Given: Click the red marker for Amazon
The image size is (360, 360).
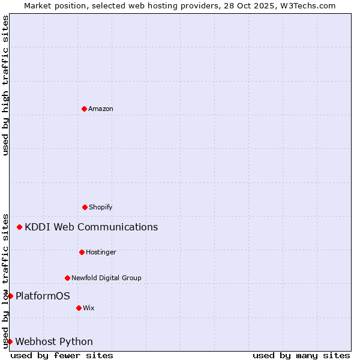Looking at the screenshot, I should click(84, 109).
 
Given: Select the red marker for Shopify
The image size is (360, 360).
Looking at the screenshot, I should click(85, 207).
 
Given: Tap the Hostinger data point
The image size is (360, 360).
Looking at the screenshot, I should click(82, 252).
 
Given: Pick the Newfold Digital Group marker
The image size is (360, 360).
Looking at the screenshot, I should click(67, 278).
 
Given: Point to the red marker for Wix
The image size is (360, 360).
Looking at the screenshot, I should click(79, 308).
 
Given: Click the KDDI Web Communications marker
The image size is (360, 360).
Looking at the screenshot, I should click(20, 227).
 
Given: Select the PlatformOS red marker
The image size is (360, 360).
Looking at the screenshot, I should click(10, 296).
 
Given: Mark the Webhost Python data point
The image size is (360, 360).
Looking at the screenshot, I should click(10, 341).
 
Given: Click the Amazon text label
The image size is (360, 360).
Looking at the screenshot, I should click(101, 109).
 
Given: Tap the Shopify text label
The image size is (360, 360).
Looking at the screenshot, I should click(101, 207).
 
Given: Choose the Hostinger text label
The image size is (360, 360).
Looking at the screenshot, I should click(101, 252).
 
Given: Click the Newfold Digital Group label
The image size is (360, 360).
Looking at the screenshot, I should click(106, 278).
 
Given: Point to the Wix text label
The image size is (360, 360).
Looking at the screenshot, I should click(89, 308).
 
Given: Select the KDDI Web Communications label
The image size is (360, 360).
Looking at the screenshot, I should click(91, 227).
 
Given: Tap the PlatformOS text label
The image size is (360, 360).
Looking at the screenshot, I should click(43, 296).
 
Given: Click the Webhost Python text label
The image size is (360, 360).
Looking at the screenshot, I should click(54, 341).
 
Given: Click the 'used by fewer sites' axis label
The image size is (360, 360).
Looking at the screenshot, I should click(62, 355).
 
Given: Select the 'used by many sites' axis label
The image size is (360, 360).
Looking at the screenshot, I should click(301, 355).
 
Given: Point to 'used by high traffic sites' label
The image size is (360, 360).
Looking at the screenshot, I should click(5, 85).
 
